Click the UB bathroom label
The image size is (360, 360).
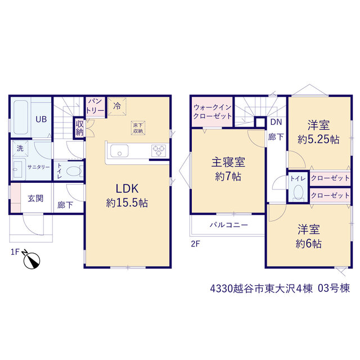pos(41,119)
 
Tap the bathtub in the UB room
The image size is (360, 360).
pos(21,117)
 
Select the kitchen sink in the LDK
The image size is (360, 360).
pos(119,151)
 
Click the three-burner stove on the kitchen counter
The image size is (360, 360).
pos(159,151)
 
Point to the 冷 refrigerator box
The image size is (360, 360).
pos(117,106)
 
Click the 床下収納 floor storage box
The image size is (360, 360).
pos(138,128)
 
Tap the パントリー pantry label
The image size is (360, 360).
pos(95,106)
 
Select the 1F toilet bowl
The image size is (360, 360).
pos(74,171)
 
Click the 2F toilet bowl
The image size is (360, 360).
pos(299,192)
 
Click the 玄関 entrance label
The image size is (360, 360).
pos(35,199)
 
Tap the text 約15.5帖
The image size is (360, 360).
pos(127,202)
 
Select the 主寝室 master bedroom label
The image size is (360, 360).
pos(228,162)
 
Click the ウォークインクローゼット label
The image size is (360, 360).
pos(213,111)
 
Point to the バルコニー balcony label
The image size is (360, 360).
pos(229,225)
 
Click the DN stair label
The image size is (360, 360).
pos(276,122)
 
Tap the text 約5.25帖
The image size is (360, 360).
pos(318,139)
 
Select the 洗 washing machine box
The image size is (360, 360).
pos(20,148)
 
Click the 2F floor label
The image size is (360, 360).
pos(196,244)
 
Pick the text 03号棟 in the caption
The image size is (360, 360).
pos(334,289)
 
